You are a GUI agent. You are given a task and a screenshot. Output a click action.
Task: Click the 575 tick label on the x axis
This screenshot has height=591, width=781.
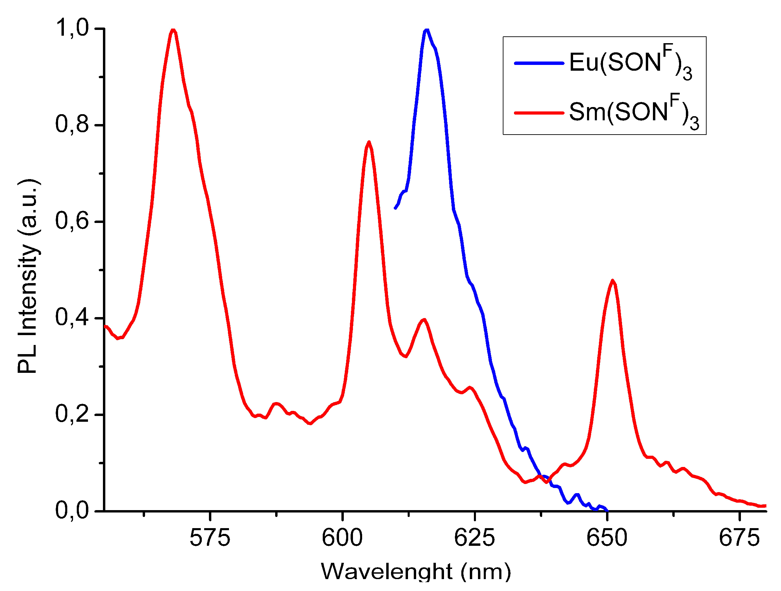[x=210, y=538]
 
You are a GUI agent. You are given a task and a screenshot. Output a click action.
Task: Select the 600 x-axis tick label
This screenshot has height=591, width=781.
[x=342, y=538]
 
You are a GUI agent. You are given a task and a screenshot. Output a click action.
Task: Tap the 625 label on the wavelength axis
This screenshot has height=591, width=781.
[x=475, y=538]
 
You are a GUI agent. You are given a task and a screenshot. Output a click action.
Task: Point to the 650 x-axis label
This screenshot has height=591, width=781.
[x=607, y=538]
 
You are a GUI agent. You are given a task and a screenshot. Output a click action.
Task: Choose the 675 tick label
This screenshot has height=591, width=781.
[x=739, y=538]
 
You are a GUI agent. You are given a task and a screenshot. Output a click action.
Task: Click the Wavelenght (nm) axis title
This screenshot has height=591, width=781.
[x=415, y=572]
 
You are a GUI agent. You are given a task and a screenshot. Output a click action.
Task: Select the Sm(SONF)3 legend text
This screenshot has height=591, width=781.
[x=634, y=112]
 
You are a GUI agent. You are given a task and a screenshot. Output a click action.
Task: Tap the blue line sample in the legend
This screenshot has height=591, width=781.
[x=539, y=63]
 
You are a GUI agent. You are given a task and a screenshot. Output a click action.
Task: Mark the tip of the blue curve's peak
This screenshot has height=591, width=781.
[x=427, y=30]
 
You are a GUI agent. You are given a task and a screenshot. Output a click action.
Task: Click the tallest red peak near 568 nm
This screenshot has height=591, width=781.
[x=173, y=30]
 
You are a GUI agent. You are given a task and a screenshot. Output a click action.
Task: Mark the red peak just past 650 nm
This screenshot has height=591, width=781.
[x=613, y=281]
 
